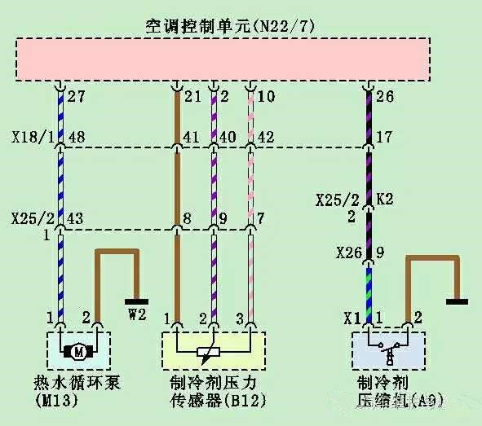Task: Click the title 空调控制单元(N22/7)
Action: point(230,26)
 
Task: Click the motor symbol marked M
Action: point(78,351)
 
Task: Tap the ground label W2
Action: point(137,314)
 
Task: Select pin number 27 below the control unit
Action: point(76,96)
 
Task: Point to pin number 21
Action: point(192,96)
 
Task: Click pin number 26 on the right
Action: point(385,96)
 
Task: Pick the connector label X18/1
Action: point(33,137)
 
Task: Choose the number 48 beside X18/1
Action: point(76,137)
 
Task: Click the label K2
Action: point(385,200)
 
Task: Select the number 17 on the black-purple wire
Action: point(384,137)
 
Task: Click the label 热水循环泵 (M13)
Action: point(77,391)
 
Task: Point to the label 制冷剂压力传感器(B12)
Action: point(218,391)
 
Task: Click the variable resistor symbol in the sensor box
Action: point(209,353)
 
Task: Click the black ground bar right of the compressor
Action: point(457,301)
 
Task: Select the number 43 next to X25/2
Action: point(75,218)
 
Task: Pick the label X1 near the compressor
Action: point(352,318)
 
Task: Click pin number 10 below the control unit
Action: point(266,96)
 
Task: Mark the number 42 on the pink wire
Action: point(266,137)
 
